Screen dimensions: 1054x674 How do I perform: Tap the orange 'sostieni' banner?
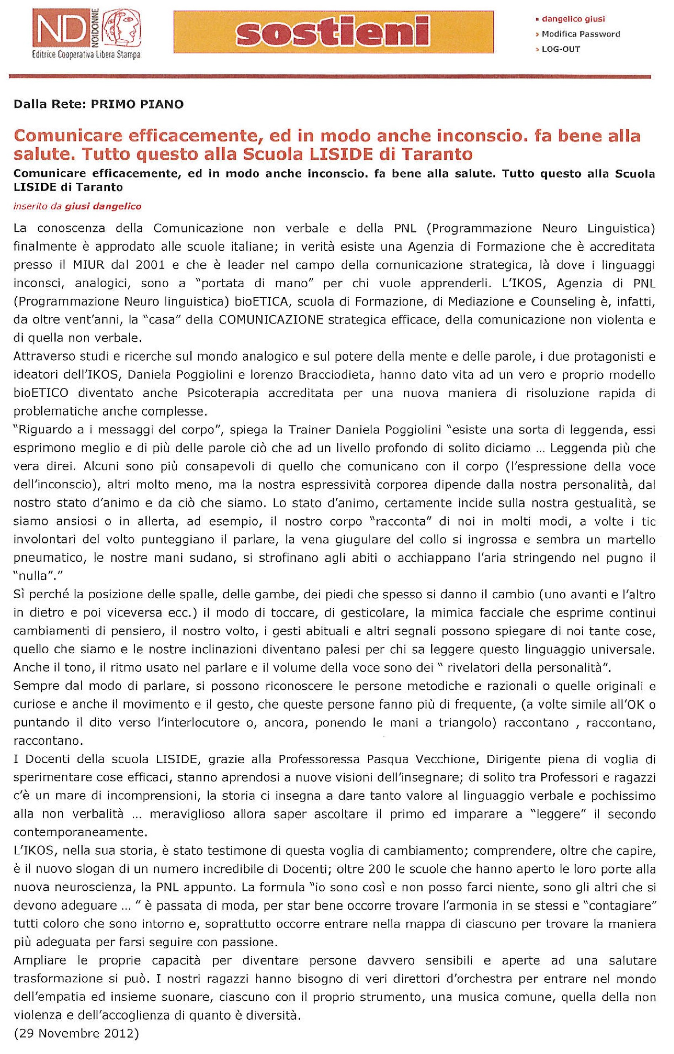click(333, 32)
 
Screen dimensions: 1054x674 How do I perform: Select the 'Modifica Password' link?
click(580, 34)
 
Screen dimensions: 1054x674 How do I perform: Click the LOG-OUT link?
click(561, 49)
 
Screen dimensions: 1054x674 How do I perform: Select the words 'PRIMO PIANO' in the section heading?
click(137, 105)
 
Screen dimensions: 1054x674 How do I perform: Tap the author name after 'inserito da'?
click(103, 206)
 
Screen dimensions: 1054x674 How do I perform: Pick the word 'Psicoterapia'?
click(223, 393)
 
